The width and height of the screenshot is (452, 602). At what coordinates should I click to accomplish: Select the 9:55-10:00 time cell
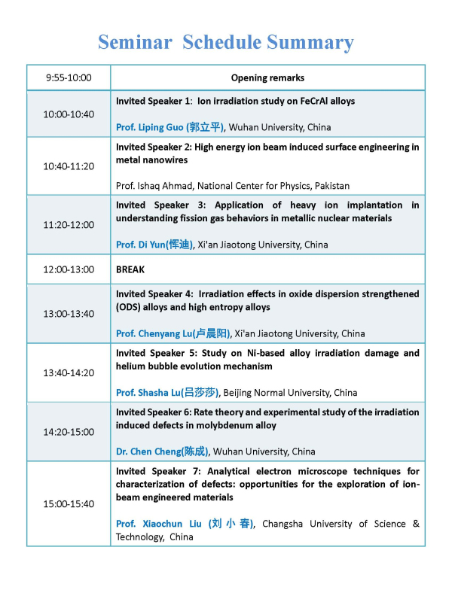point(69,78)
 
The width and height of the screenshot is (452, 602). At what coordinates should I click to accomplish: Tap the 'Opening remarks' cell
point(267,78)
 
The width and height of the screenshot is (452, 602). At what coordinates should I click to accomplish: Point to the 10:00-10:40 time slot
point(69,114)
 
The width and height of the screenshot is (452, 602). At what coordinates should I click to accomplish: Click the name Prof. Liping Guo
point(170,127)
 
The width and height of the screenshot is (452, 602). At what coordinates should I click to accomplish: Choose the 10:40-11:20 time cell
point(69,166)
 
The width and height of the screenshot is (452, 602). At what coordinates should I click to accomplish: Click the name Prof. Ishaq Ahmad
point(162,186)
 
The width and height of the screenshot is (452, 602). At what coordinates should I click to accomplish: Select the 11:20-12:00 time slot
point(69,224)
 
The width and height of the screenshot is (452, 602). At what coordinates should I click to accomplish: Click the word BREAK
point(130,269)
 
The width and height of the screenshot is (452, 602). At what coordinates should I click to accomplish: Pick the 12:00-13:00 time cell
point(69,269)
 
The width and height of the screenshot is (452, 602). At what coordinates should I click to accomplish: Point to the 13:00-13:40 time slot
point(69,313)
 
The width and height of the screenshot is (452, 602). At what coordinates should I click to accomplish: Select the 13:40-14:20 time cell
point(69,372)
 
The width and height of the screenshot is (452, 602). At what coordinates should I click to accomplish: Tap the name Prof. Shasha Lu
point(166,392)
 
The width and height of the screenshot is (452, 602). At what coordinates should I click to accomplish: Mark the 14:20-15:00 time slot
point(69,431)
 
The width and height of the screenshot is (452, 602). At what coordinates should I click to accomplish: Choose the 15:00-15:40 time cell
point(69,503)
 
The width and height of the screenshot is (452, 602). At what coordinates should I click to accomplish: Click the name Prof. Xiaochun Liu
point(185,524)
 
